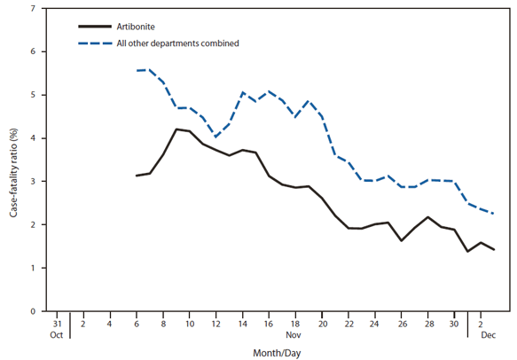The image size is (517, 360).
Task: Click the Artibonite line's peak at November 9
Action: pos(176,129)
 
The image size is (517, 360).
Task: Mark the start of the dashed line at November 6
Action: pos(137,70)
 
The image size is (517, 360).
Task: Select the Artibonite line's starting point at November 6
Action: pos(137,176)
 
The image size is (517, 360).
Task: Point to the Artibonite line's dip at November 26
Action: pos(402,240)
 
